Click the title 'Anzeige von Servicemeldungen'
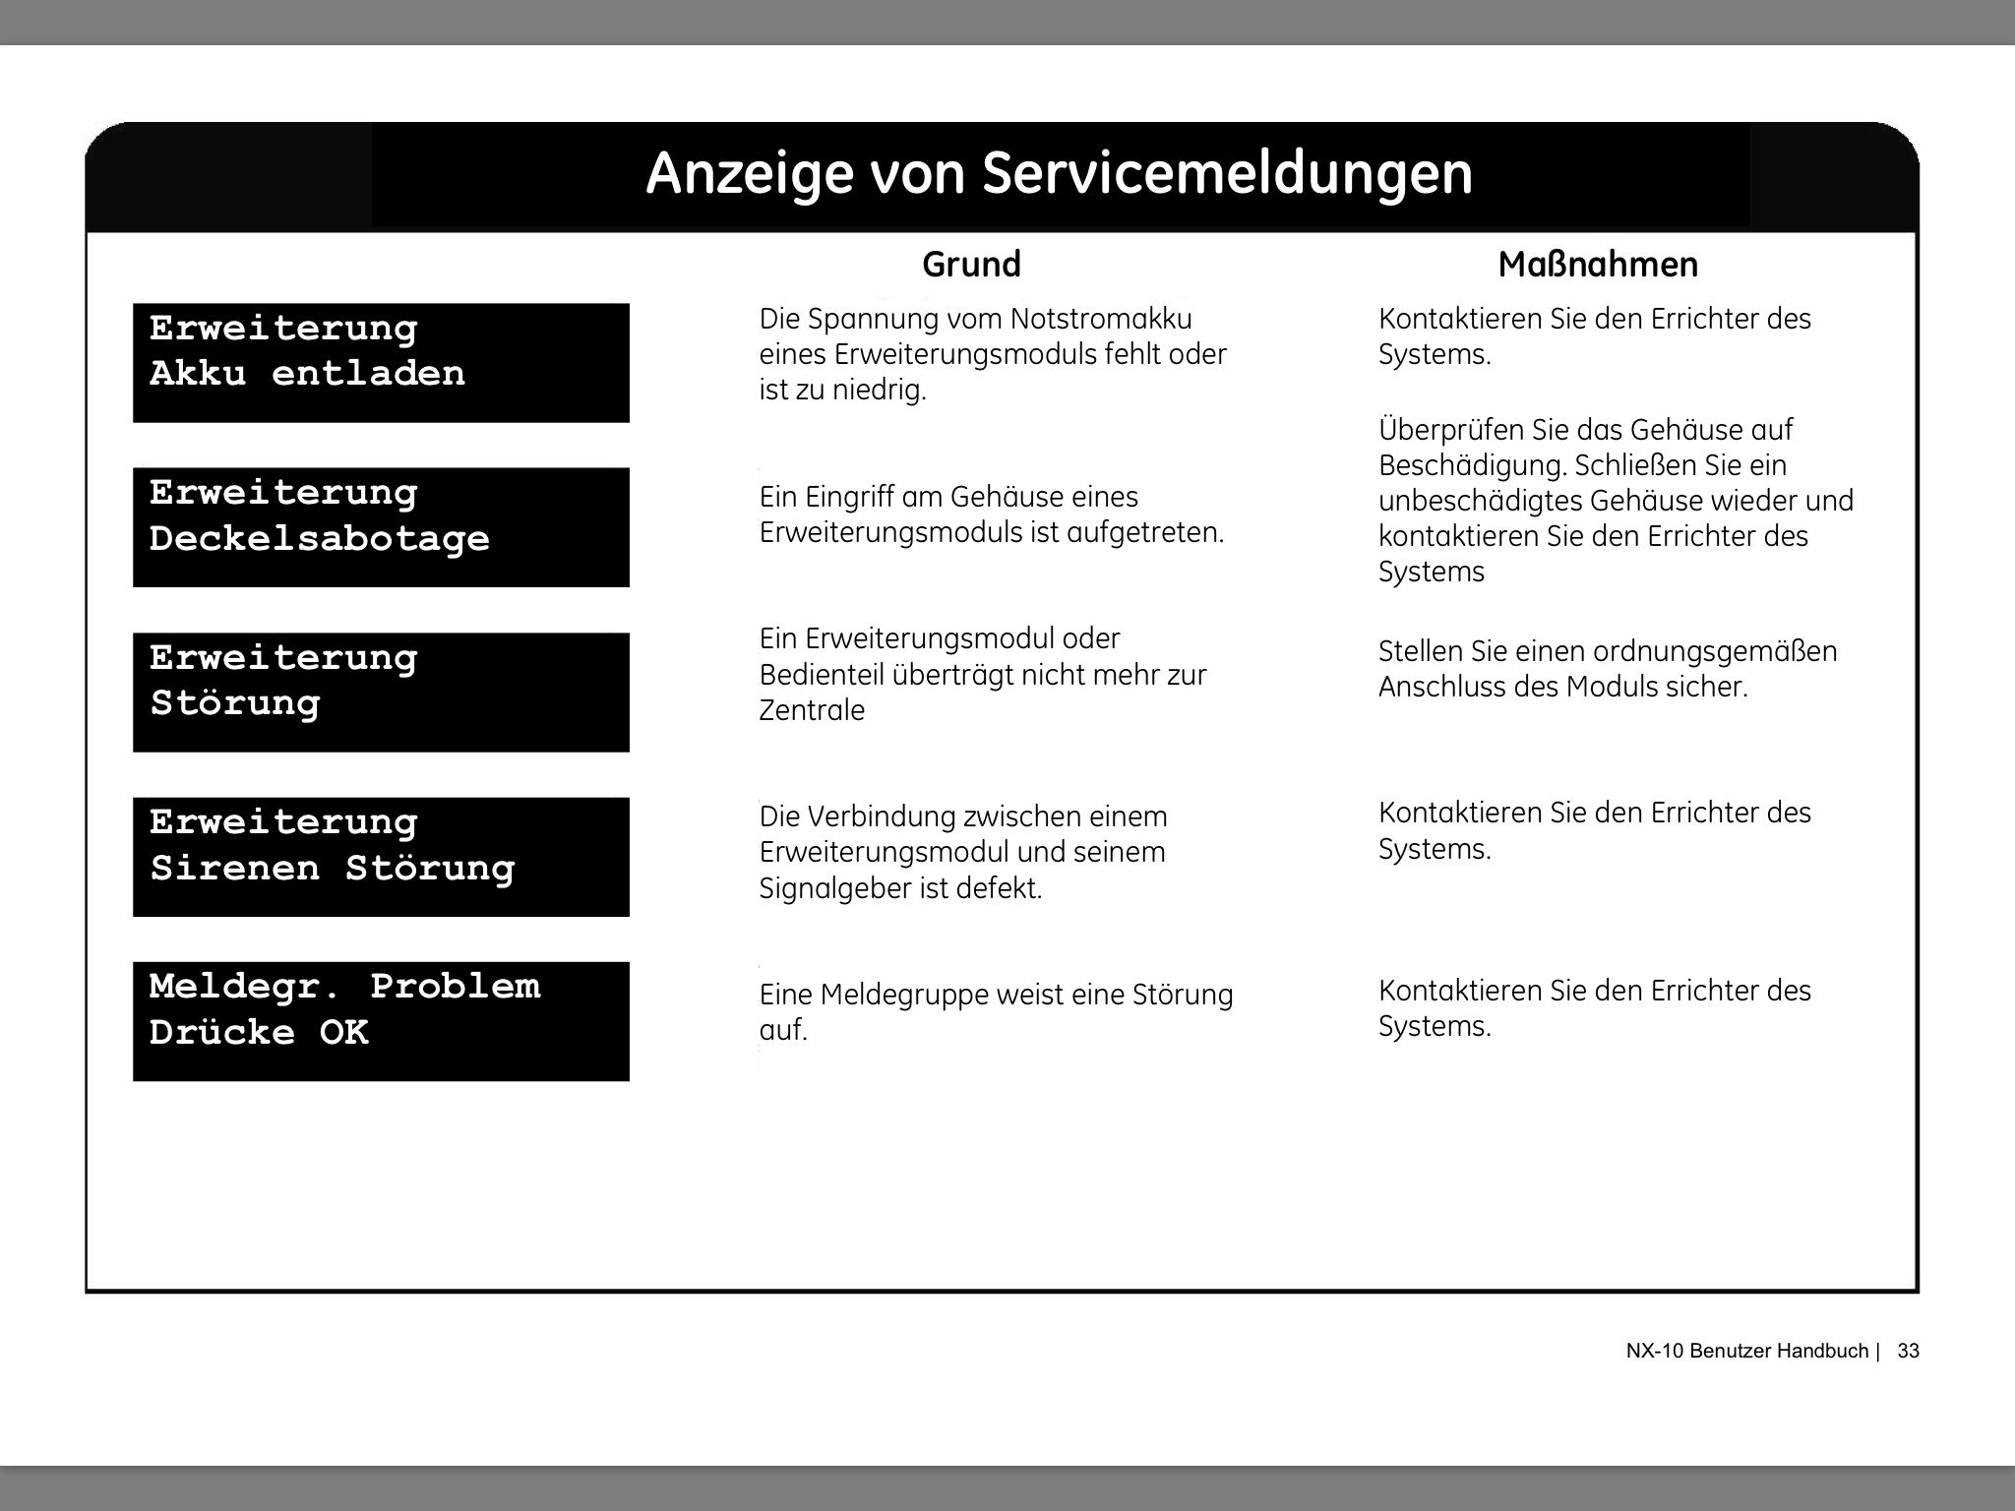(1059, 174)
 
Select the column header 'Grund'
(971, 265)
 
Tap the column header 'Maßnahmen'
(1598, 265)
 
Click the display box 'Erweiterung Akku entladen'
(381, 363)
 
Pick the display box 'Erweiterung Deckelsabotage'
(381, 527)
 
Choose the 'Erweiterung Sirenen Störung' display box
(381, 857)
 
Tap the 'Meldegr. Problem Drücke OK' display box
(381, 1021)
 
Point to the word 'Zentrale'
(812, 710)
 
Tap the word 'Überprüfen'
(1450, 431)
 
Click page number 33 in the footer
(1908, 1351)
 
